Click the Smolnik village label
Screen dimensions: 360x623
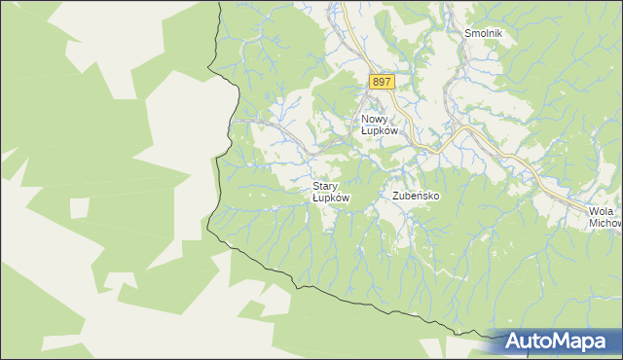482,32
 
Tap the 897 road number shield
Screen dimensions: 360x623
381,83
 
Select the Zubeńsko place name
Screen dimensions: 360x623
417,196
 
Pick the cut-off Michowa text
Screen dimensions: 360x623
605,224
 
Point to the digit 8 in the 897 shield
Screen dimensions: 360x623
374,83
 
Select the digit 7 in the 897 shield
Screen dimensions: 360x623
387,83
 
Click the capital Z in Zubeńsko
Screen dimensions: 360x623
396,196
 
